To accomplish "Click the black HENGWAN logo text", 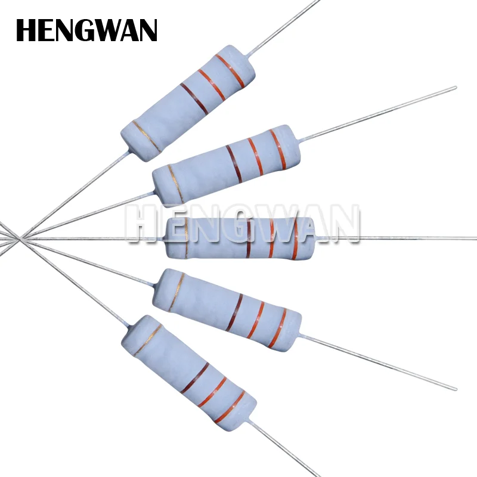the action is pos(86,30).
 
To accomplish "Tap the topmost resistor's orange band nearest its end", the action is pos(230,71).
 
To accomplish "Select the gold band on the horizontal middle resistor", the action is pos(186,238).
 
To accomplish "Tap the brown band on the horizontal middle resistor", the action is pos(248,238).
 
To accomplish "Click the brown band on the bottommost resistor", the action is pos(194,378).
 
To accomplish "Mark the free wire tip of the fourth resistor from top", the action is pos(456,389).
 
